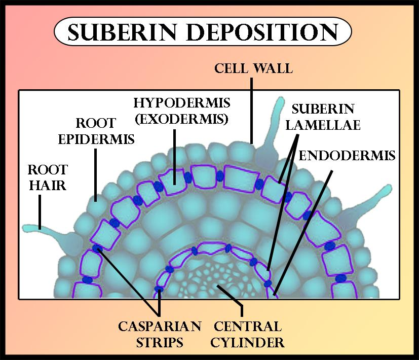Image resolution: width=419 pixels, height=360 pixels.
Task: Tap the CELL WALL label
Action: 253,68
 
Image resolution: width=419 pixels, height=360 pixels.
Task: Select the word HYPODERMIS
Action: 182,103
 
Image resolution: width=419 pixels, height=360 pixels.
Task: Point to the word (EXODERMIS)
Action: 182,120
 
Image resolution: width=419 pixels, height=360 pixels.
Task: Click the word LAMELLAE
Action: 322,125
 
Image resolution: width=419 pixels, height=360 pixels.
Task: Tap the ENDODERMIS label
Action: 347,155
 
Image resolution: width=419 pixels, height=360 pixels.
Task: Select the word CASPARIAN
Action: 160,326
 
